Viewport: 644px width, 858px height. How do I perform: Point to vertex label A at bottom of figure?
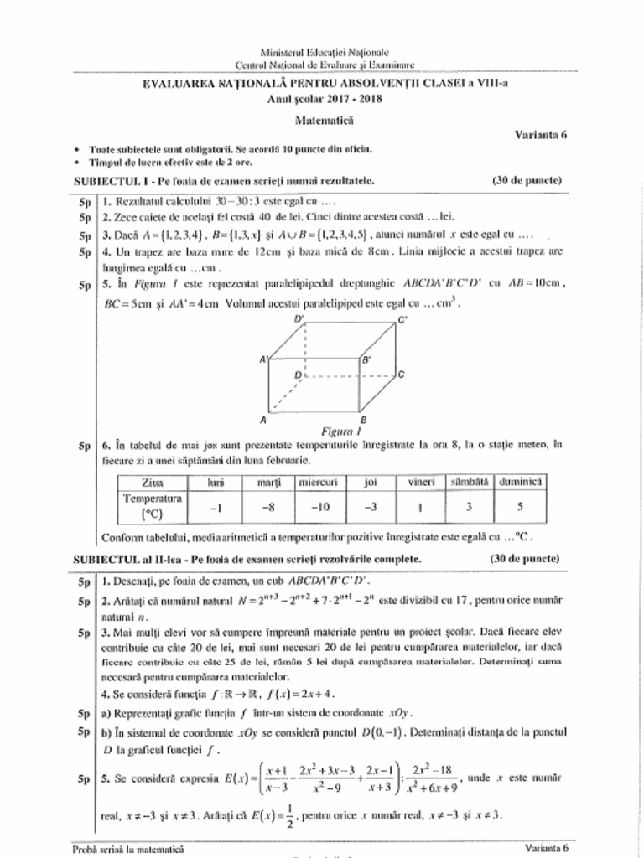[263, 418]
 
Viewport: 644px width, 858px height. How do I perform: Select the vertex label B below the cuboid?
[363, 418]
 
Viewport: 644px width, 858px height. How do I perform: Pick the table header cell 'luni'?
[216, 482]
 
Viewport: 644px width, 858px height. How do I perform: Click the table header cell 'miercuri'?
[319, 482]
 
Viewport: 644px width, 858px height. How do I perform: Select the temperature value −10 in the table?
[319, 506]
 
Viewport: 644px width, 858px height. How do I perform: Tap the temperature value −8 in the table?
[267, 506]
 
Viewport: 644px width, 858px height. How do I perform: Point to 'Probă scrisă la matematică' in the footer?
[128, 849]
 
